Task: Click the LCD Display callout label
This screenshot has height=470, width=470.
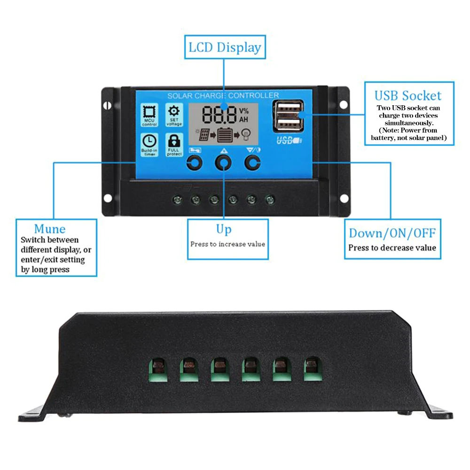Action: point(224,47)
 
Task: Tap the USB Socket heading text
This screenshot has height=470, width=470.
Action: point(408,96)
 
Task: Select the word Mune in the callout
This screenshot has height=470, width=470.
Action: point(49,229)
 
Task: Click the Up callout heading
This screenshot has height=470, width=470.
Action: point(224,229)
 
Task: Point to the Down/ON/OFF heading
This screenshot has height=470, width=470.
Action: point(392,233)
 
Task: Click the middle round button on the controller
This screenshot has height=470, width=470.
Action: point(223,163)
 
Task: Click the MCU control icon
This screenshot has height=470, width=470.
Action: point(149,113)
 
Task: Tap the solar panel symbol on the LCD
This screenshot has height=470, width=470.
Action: point(204,135)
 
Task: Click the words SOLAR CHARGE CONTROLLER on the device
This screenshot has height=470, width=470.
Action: point(223,95)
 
